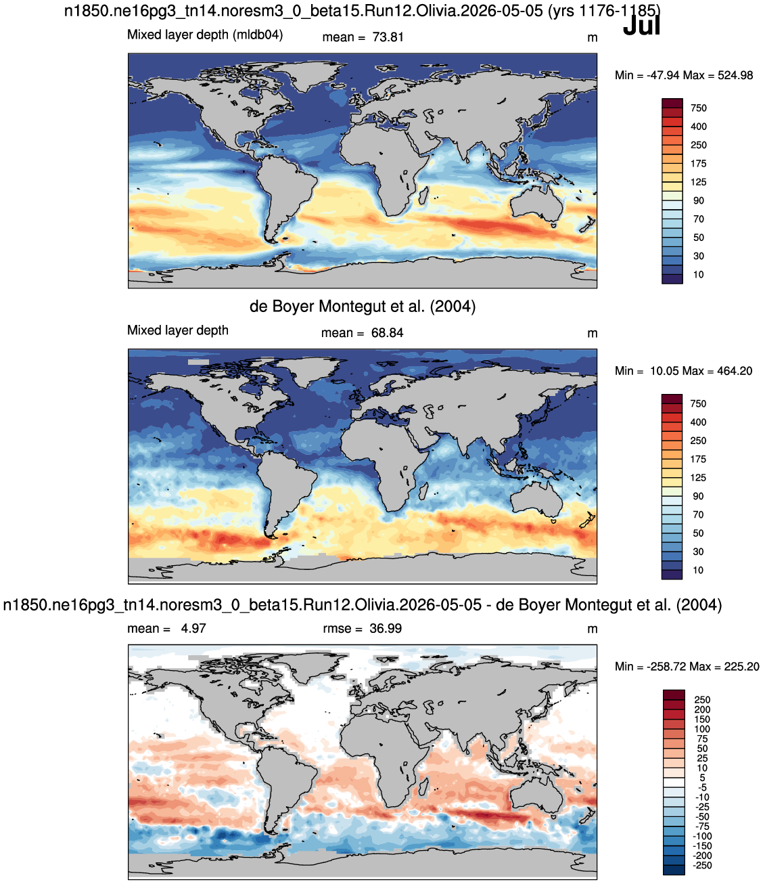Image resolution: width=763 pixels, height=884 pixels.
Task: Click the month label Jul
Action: point(641,26)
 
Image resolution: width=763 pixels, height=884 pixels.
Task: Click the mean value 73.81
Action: point(388,37)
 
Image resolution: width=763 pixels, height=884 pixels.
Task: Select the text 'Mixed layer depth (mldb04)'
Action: point(205,35)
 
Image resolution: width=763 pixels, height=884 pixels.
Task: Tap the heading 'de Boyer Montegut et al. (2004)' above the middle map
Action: point(363,307)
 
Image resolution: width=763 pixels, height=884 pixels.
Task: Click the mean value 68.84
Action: point(388,333)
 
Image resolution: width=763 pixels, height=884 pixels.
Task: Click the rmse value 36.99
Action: point(386,628)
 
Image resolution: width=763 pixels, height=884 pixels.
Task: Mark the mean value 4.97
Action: point(193,628)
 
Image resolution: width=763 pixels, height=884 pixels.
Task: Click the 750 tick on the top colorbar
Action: point(699,108)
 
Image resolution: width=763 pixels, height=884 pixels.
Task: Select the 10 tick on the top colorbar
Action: point(699,275)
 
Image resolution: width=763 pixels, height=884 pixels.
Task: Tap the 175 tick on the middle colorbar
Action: point(699,460)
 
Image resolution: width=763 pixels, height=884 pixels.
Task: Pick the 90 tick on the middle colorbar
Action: point(699,496)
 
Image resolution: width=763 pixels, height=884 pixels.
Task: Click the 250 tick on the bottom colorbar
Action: point(702,700)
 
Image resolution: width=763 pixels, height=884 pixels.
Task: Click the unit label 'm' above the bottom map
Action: point(593,629)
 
